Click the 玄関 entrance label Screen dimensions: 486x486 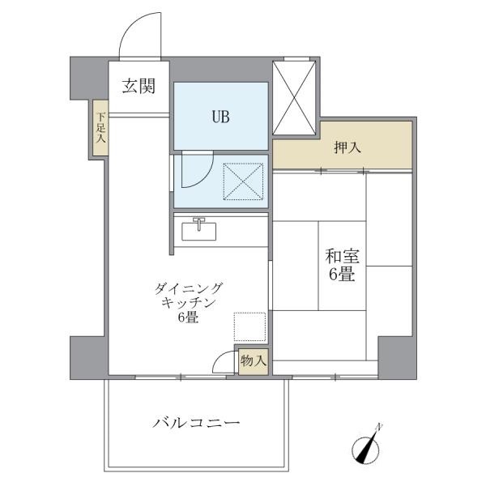point(139,86)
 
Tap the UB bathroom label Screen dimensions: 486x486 point(220,117)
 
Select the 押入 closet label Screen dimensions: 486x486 point(347,147)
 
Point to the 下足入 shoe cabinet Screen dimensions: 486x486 point(100,128)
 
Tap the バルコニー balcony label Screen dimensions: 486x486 point(196,423)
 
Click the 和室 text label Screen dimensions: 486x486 point(342,256)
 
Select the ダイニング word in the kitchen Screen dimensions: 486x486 point(189,288)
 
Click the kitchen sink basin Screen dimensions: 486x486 point(198,231)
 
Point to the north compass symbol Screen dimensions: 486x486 point(366,445)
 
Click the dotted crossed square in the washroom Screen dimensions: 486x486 point(243,181)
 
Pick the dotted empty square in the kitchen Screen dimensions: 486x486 point(249,327)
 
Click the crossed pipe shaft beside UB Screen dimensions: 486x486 point(294,98)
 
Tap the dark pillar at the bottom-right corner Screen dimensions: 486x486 point(398,358)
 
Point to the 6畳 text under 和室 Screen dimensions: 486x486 point(342,275)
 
